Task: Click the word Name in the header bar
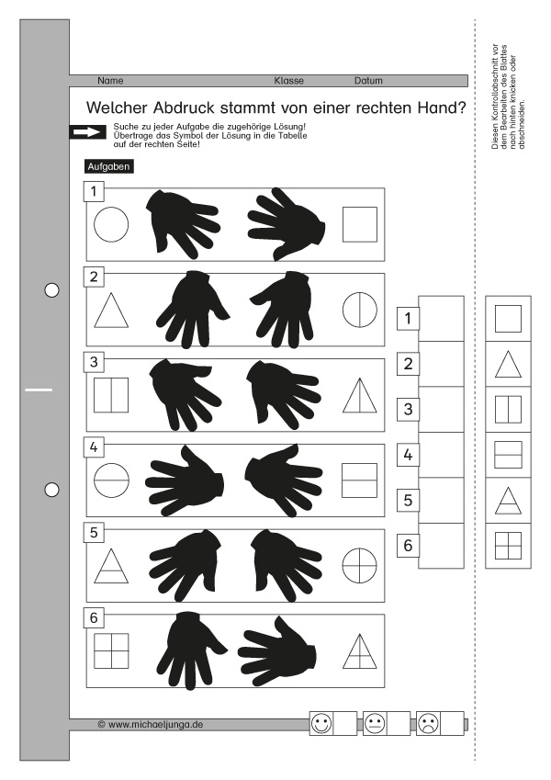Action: (110, 81)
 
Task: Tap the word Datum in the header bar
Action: (368, 81)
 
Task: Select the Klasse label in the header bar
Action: (289, 81)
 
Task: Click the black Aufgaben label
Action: (109, 166)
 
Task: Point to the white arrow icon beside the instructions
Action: (87, 132)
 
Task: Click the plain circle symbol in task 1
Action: (111, 224)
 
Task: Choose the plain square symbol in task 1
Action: (360, 224)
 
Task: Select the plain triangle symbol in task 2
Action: (111, 311)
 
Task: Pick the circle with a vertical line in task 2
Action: (360, 310)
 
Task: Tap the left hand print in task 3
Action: (185, 395)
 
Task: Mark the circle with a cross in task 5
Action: (360, 566)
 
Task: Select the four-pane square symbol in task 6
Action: (111, 650)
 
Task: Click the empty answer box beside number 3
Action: (441, 410)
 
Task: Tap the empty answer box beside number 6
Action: (441, 546)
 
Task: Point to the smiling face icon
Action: (321, 723)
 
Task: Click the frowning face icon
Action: (428, 723)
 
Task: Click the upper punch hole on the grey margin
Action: (51, 290)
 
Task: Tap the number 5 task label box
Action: (94, 533)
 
